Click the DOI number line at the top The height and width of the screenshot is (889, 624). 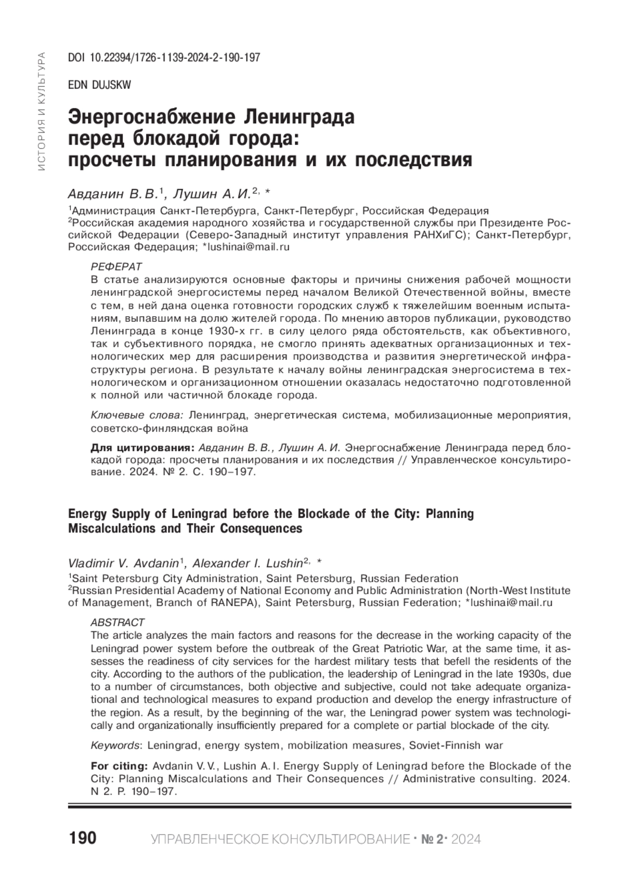[x=164, y=58]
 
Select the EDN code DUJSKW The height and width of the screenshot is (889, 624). [x=99, y=85]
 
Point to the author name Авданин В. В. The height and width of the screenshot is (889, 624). [x=113, y=194]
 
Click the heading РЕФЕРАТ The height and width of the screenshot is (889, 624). [x=116, y=267]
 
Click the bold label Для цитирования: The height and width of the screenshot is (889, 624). [x=142, y=448]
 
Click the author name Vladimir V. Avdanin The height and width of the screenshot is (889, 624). [x=123, y=564]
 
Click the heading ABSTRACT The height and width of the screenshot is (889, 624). [x=118, y=622]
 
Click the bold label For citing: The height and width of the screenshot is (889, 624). [x=120, y=766]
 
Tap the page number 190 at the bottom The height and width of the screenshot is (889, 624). [x=82, y=838]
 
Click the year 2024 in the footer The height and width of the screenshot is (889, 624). [x=466, y=840]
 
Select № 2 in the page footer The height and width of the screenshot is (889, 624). [x=431, y=840]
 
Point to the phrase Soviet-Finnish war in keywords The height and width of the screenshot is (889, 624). [x=456, y=746]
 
